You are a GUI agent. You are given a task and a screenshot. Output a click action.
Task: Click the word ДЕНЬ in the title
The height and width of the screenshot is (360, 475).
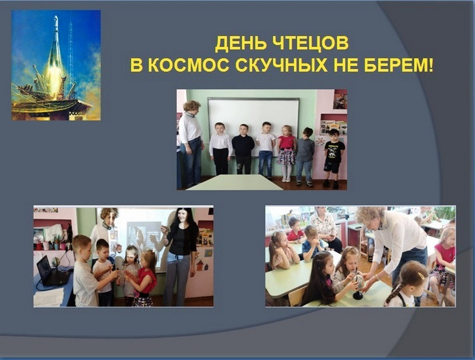tap(239, 44)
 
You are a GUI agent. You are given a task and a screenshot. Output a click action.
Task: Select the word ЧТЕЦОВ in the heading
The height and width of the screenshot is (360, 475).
tap(309, 44)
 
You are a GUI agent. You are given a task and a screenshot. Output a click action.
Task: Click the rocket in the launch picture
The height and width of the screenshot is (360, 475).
tap(55, 58)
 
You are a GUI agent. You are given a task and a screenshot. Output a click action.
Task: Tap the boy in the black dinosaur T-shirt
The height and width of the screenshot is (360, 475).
tap(334, 159)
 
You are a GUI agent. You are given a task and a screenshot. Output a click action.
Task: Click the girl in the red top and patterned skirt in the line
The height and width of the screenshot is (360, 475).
tap(286, 153)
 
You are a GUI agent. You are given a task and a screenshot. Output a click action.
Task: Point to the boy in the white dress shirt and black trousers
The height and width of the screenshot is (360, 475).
tap(220, 149)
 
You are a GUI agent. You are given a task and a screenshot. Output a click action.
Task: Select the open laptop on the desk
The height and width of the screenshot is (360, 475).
tap(51, 271)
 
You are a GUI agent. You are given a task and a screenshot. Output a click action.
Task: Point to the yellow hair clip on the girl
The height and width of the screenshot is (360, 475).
tap(422, 276)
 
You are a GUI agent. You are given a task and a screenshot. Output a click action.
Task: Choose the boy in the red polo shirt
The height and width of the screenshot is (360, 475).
tap(295, 231)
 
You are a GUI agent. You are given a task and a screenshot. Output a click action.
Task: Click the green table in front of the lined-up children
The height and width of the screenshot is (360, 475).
tap(235, 182)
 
